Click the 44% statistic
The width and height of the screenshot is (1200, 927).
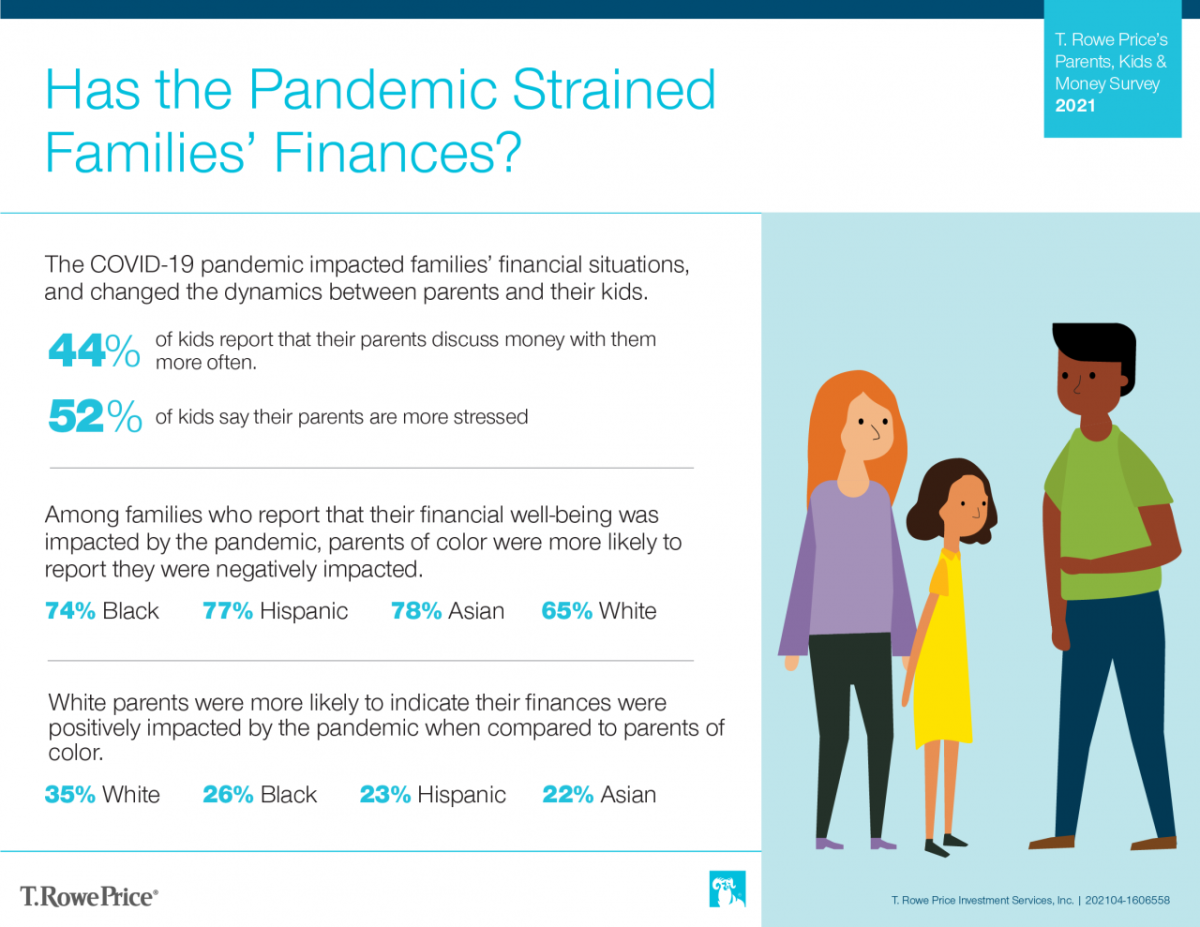coord(94,350)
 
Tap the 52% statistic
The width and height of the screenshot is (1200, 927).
coord(96,416)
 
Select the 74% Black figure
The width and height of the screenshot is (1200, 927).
coord(70,611)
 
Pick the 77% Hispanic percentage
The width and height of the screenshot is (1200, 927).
coord(228,611)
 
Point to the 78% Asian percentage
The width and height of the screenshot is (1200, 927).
coord(416,611)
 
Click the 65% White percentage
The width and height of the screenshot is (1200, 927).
coord(567,611)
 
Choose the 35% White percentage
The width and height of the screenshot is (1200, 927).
coord(70,794)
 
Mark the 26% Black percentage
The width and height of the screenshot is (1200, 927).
coord(228,794)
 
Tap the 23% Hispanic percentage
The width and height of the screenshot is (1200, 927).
coord(385,794)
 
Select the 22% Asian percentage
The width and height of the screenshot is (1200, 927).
coord(568,794)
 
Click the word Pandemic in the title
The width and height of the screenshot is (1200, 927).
coord(373,89)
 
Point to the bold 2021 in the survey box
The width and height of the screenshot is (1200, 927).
coord(1075,105)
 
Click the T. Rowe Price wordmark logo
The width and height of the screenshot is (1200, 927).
coord(89,897)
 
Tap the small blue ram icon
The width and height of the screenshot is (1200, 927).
coord(727,889)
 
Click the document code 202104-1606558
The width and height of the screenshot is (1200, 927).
coord(1127,900)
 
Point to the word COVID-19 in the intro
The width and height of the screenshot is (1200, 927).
coord(142,264)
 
